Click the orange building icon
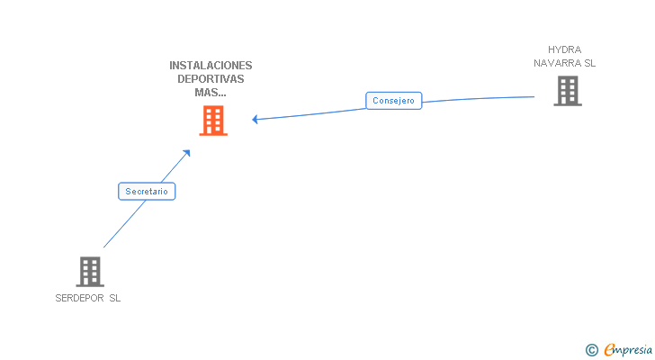[x=213, y=121]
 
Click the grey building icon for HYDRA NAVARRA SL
[x=567, y=91]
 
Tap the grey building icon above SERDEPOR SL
[x=89, y=271]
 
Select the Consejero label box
[x=393, y=101]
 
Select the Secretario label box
[x=147, y=192]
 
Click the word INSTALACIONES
[x=211, y=66]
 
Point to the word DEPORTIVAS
[x=211, y=79]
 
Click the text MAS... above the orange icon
[x=211, y=92]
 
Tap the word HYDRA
[x=565, y=49]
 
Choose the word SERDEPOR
[x=79, y=299]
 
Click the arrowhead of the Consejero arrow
[x=255, y=119]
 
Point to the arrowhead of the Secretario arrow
[x=188, y=152]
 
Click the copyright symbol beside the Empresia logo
[x=592, y=350]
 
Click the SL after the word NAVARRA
[x=590, y=63]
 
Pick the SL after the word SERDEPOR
[x=114, y=299]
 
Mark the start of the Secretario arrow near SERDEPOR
[x=104, y=247]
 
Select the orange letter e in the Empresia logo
[x=609, y=350]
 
